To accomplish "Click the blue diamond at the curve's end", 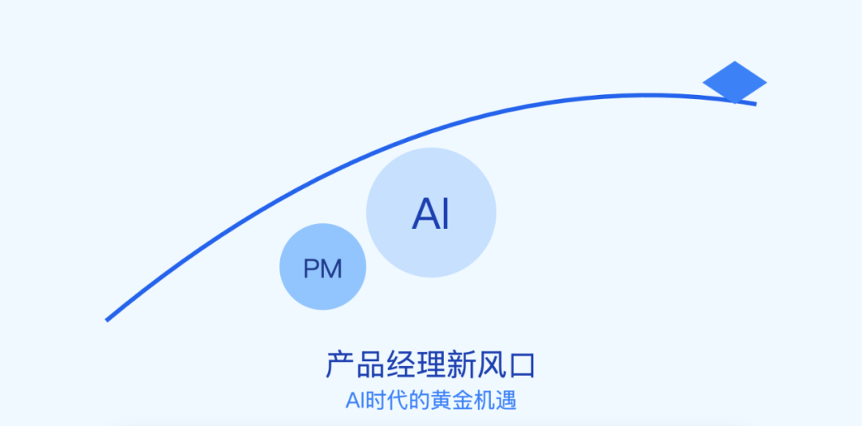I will (734, 81).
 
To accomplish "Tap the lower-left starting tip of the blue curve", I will (109, 319).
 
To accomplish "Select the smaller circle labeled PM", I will (322, 267).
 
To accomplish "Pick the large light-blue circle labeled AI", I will (431, 212).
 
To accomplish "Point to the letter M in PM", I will (331, 269).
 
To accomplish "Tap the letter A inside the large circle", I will (424, 214).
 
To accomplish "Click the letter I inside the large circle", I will (445, 214).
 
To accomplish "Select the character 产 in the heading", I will (340, 365).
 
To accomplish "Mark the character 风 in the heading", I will (492, 365).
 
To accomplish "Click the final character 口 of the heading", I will (521, 365).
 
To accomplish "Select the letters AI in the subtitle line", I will (355, 400).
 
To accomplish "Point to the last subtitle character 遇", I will (506, 400).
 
